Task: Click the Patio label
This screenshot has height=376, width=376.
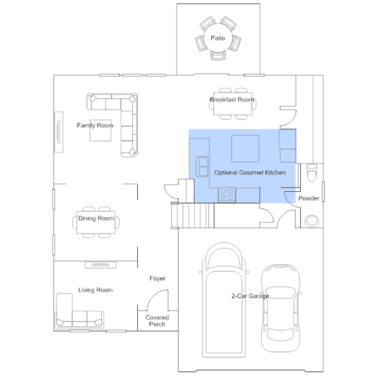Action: click(x=218, y=38)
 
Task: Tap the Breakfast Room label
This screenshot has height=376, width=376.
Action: click(x=232, y=99)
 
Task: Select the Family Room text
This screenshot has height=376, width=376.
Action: click(x=95, y=125)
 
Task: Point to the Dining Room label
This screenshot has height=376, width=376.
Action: click(x=96, y=218)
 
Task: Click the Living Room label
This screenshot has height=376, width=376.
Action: click(x=95, y=290)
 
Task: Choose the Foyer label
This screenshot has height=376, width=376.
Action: click(x=157, y=278)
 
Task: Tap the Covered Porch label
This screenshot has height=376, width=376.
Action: click(x=157, y=321)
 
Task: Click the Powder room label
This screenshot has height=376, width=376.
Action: click(x=308, y=198)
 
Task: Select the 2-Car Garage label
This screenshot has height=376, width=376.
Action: click(x=250, y=296)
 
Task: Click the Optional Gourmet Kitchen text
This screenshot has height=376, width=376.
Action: click(x=250, y=172)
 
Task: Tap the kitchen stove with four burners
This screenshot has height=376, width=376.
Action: click(x=227, y=195)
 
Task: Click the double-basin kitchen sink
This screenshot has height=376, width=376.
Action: click(x=203, y=167)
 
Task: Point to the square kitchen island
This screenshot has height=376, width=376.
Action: click(x=245, y=149)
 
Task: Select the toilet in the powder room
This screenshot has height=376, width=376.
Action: click(x=312, y=172)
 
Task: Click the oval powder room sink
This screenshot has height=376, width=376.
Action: click(x=312, y=221)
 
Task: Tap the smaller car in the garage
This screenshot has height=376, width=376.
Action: click(x=281, y=308)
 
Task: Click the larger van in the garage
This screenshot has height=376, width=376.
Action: click(x=224, y=300)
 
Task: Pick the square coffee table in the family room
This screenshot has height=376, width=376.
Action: click(x=101, y=131)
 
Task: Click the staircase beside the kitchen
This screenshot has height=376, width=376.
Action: click(x=192, y=215)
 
